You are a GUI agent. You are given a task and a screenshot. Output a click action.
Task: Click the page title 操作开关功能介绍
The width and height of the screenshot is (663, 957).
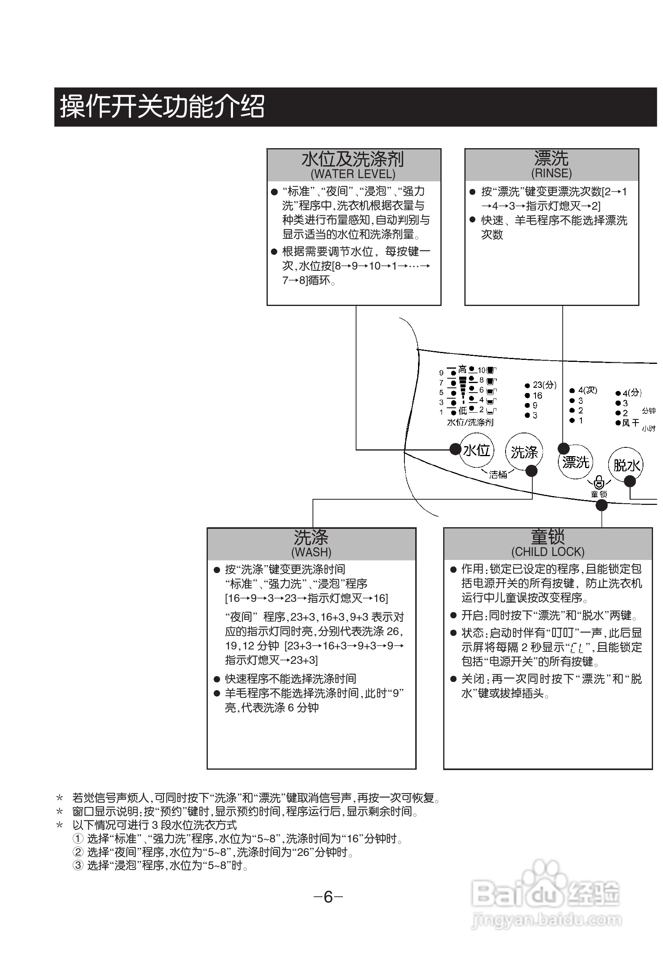(x=162, y=107)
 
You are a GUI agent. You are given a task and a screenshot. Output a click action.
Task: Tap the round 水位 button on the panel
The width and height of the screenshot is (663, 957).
(x=477, y=450)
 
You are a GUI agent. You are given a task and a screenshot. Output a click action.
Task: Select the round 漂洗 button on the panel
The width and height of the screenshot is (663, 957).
(x=575, y=462)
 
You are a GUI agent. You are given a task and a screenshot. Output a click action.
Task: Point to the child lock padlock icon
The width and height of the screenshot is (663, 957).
(x=599, y=482)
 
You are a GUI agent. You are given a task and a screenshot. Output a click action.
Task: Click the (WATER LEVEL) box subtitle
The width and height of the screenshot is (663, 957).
(x=353, y=174)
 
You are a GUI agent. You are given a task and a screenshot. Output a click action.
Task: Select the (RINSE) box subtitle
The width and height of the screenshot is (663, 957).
(x=551, y=173)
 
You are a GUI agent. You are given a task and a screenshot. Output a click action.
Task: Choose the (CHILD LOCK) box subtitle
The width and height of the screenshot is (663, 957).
(x=548, y=551)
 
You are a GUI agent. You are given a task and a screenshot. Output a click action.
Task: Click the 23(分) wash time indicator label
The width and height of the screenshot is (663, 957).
(x=544, y=385)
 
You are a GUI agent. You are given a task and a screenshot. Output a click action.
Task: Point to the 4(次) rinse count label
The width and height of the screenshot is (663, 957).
(x=587, y=390)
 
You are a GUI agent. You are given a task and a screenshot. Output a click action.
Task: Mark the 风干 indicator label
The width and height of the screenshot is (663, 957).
(x=630, y=423)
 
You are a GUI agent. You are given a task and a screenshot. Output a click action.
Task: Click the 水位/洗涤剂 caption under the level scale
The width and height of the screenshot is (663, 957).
(x=470, y=422)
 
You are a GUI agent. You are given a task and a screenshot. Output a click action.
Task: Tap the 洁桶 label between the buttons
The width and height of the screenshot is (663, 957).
(x=498, y=475)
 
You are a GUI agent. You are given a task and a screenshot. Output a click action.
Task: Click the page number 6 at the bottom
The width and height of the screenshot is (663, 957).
(x=328, y=897)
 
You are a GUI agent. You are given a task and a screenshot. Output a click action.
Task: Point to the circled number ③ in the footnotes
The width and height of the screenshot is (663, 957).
(x=78, y=865)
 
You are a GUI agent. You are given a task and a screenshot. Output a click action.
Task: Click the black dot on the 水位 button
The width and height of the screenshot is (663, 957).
(x=456, y=449)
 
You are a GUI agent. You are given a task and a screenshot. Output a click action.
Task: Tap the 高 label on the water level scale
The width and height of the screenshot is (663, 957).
(x=462, y=369)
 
